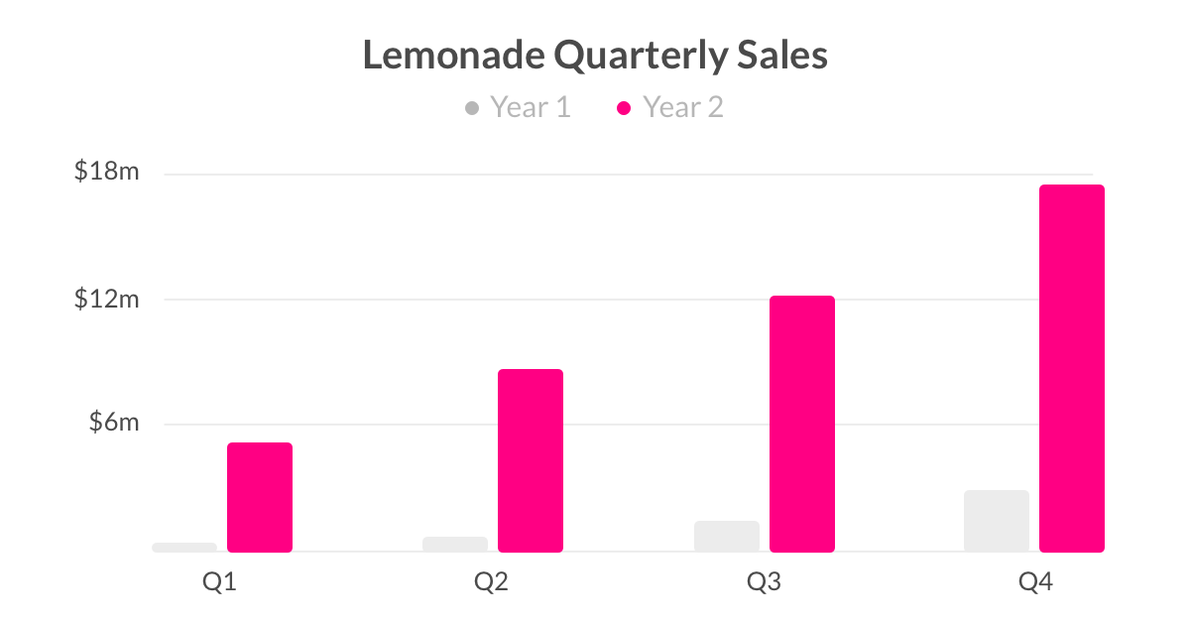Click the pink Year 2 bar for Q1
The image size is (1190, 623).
coord(260,497)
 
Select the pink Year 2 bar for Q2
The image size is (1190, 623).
coord(531,460)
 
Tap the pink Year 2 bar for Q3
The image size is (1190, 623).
coord(802,424)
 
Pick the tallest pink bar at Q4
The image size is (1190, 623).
coord(1072,368)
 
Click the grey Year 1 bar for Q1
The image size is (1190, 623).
coord(184,547)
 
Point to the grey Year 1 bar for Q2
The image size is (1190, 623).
coord(455,544)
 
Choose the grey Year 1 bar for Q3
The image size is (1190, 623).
coord(727,536)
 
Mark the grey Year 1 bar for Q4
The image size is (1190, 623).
coord(997,521)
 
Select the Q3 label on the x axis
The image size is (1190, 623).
coord(764,582)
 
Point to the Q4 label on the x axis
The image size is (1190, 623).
coord(1035,582)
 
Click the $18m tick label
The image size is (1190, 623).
coord(107,173)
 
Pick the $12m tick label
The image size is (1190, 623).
coord(107,299)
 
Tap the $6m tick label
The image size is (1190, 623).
coord(112,423)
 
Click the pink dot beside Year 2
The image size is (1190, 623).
coord(624,107)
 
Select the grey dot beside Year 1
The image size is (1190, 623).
coord(472,107)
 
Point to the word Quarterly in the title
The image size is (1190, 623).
coord(641,57)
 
